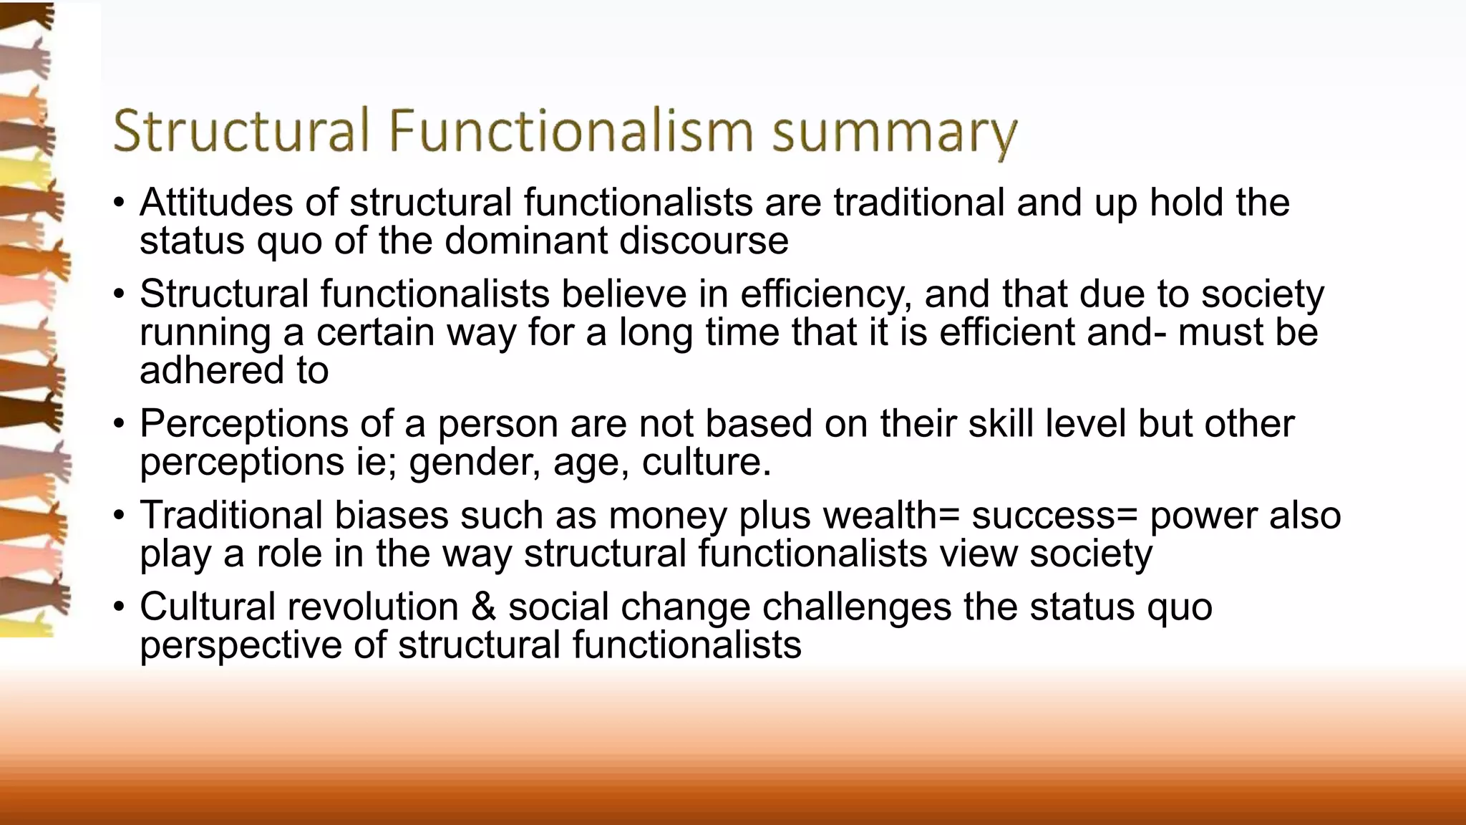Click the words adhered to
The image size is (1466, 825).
234,370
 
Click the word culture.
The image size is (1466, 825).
706,462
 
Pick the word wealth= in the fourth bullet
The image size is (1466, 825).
891,516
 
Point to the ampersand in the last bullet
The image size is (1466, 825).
483,607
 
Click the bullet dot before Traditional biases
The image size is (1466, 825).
120,516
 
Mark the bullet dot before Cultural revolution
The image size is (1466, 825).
120,607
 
